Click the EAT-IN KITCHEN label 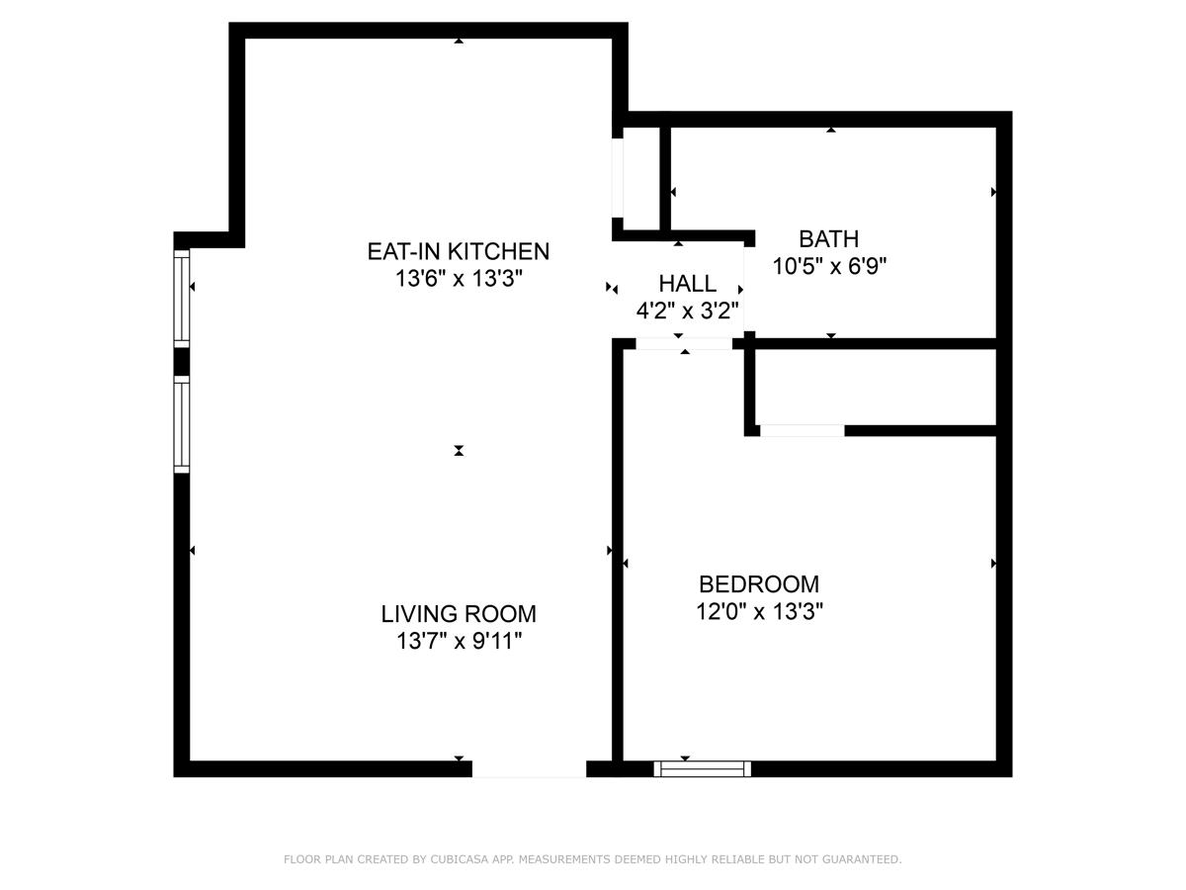458,251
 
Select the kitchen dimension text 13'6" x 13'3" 458,279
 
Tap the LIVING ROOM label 459,614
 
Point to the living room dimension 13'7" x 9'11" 459,642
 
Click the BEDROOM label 759,584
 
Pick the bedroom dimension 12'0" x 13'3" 759,612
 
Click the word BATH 828,239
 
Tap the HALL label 687,285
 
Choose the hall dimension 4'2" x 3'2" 687,311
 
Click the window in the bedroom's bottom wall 703,768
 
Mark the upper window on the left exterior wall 182,296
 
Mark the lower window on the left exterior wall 182,424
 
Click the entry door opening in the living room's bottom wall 529,768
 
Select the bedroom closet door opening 802,430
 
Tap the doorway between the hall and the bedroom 684,344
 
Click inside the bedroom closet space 875,388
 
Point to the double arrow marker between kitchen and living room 459,451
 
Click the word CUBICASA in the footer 456,860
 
